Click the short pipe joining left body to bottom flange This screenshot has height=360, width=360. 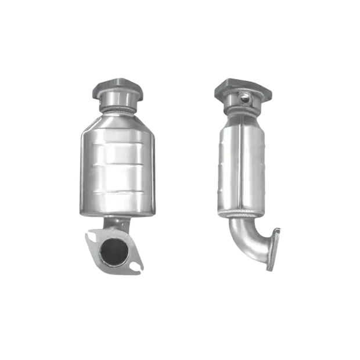click(x=115, y=224)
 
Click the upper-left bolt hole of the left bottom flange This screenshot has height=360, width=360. click(x=91, y=235)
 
